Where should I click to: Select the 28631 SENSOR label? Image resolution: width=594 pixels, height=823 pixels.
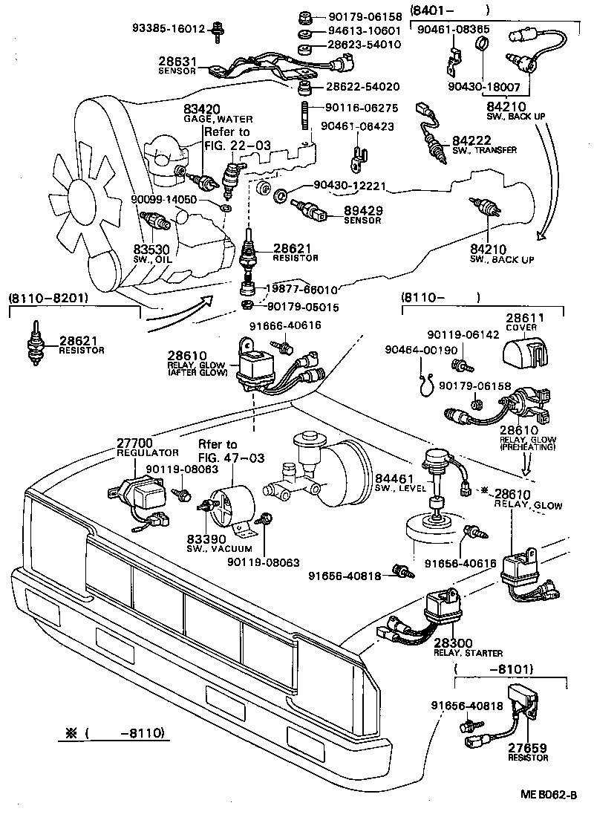click(x=177, y=65)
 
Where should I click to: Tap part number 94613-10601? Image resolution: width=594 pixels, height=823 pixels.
click(x=364, y=30)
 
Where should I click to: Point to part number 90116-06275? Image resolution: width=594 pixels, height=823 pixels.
click(x=364, y=108)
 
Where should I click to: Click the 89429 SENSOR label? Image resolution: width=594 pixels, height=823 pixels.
click(x=362, y=215)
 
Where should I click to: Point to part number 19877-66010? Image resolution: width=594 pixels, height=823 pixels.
click(x=302, y=289)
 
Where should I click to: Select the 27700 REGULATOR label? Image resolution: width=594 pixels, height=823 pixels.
click(x=147, y=447)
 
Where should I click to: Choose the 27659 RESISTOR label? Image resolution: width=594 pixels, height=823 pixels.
click(x=528, y=752)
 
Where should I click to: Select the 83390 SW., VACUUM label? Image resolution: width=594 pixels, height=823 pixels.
click(x=219, y=542)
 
